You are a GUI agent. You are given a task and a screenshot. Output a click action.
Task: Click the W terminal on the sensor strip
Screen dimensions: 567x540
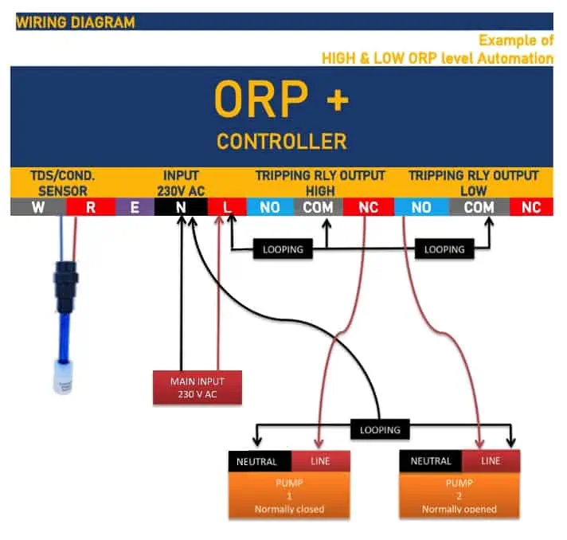click(38, 207)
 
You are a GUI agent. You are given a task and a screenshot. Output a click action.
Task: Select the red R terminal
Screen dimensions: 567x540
click(91, 207)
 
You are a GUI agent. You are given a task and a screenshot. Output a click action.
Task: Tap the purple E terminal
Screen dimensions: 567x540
click(135, 207)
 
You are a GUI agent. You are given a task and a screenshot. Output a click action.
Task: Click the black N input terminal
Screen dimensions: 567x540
click(181, 207)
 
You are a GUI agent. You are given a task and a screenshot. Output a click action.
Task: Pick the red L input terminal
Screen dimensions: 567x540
click(227, 207)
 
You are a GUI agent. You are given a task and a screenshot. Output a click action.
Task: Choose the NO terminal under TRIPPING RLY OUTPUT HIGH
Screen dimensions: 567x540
click(270, 207)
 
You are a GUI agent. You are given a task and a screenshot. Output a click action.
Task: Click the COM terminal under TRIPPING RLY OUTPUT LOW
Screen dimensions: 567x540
click(479, 207)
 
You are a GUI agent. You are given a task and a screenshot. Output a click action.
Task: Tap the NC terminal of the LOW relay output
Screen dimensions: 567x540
click(531, 207)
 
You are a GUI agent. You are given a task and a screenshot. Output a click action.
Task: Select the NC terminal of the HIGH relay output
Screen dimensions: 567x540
click(368, 207)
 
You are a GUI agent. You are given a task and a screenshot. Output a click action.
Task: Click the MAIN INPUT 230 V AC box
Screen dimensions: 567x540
click(197, 387)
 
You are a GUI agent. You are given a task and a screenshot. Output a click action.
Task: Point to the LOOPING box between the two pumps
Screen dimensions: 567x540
click(380, 429)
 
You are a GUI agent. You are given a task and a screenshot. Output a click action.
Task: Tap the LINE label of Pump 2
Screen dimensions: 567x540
click(491, 461)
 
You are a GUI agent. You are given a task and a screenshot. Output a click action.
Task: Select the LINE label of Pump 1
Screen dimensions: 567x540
click(320, 461)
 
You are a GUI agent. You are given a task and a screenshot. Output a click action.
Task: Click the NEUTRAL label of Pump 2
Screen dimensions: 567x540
click(431, 461)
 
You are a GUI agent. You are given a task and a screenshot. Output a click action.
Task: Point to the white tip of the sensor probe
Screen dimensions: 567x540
click(63, 377)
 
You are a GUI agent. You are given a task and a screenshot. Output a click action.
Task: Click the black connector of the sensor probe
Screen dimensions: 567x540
click(66, 287)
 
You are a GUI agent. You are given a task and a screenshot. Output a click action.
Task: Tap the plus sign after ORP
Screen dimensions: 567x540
click(338, 100)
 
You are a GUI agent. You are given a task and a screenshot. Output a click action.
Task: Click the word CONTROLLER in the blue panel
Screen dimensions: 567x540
click(282, 141)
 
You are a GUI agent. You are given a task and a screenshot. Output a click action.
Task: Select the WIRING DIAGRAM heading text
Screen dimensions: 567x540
click(76, 22)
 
